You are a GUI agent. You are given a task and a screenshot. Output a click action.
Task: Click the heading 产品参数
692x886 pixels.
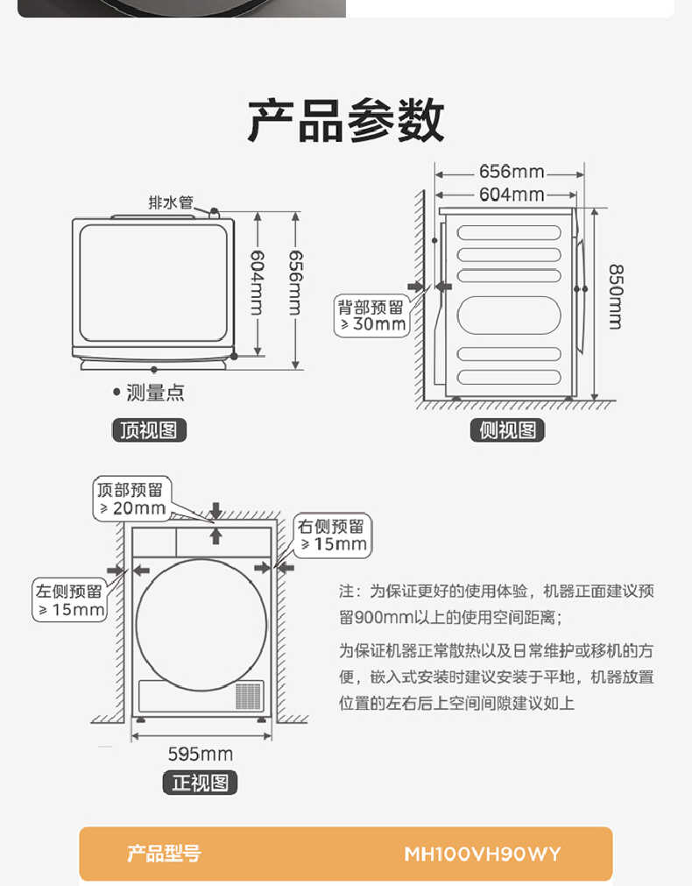pos(345,121)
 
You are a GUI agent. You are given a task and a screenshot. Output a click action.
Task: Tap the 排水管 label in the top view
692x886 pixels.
pos(170,202)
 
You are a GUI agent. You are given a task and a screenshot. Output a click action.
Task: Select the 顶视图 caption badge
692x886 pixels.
pos(149,430)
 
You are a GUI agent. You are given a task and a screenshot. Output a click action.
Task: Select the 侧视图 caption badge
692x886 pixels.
pos(507,430)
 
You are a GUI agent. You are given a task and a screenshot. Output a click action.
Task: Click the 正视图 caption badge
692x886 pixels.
pos(200,783)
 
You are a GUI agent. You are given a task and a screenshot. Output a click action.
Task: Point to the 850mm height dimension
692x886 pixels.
pos(615,296)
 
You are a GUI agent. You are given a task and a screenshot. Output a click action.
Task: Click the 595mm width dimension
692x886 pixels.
pos(200,754)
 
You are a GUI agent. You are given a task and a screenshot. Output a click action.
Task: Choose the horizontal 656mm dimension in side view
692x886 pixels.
pos(511,172)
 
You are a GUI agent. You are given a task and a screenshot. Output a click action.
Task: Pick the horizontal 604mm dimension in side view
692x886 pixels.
pos(511,195)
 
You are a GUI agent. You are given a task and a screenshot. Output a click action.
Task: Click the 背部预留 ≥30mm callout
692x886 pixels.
pos(372,315)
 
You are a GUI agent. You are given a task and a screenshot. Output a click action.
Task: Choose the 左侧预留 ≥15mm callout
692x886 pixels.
pos(70,600)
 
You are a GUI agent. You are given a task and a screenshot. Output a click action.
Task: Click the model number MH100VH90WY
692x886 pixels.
pos(482,854)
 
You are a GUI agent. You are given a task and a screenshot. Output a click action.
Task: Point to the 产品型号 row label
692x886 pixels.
pos(164,854)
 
